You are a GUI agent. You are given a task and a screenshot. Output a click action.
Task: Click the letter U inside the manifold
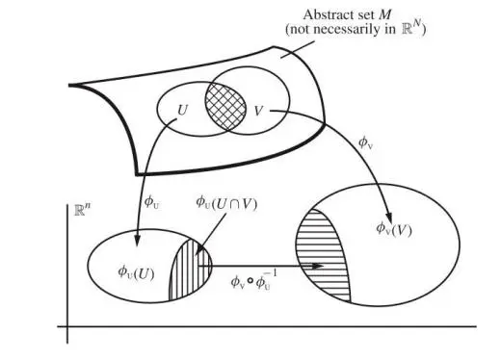coord(182,111)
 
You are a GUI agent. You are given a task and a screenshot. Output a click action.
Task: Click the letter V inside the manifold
coord(258,111)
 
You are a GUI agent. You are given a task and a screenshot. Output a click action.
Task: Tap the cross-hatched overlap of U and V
coord(225,106)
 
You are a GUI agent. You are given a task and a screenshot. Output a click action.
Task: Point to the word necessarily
coord(348,29)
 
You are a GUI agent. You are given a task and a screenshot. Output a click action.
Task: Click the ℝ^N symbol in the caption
coord(411,28)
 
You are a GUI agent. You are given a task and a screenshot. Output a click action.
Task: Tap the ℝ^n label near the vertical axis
coord(82,209)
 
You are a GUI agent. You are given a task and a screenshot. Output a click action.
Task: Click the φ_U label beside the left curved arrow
coord(151,202)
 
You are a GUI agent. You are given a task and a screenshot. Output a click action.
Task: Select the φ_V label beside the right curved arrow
coord(365,142)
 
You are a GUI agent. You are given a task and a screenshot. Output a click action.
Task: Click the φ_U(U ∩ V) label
coord(226,203)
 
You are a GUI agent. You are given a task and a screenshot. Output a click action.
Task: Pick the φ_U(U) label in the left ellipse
coord(136,272)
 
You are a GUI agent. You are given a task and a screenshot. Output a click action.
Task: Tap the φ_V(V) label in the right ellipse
coord(394,229)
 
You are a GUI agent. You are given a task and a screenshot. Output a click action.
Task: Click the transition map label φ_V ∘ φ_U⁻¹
coord(253,280)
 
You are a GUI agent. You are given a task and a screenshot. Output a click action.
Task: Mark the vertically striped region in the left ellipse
coord(191,270)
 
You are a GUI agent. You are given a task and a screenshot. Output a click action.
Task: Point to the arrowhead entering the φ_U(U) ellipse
coord(137,241)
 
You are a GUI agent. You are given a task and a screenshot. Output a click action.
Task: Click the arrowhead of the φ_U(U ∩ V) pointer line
coord(198,250)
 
